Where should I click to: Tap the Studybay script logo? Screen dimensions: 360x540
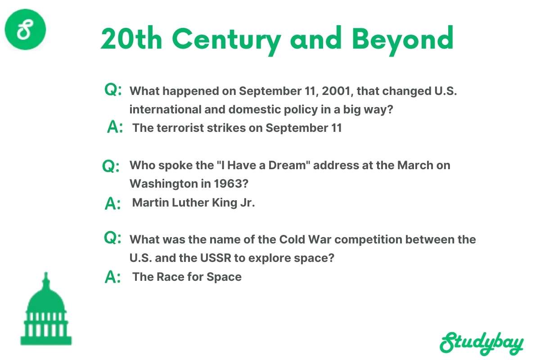(481, 343)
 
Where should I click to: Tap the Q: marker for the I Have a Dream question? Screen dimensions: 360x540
(111, 166)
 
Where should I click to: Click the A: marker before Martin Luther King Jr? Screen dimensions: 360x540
(112, 203)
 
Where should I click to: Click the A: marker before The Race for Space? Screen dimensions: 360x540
(112, 278)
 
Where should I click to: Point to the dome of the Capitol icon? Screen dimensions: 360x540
(45, 297)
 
